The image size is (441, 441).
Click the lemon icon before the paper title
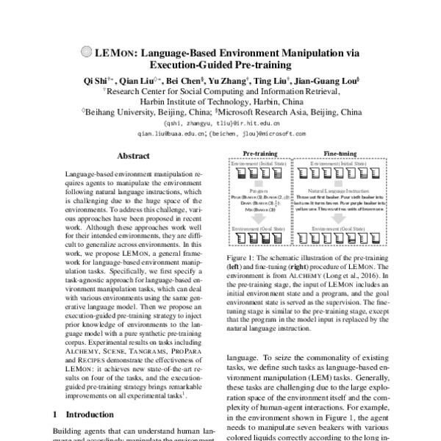coord(85,53)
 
